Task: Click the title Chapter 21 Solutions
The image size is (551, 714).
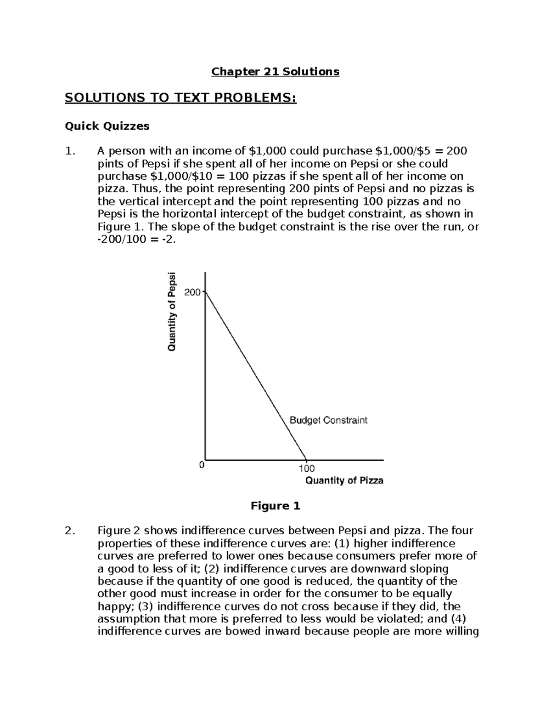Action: pyautogui.click(x=275, y=72)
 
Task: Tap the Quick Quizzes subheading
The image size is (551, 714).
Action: pyautogui.click(x=107, y=126)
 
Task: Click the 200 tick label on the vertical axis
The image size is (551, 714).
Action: pyautogui.click(x=192, y=292)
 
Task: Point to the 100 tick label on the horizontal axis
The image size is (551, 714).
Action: pyautogui.click(x=306, y=468)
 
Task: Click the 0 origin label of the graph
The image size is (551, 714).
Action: pyautogui.click(x=201, y=465)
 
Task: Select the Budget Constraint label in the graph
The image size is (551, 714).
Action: pyautogui.click(x=328, y=420)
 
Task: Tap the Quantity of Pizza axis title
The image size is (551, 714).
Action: pyautogui.click(x=344, y=480)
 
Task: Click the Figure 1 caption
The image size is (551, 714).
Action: pyautogui.click(x=275, y=506)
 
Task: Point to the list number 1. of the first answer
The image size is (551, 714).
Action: pyautogui.click(x=70, y=151)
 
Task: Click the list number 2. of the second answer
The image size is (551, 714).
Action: pyautogui.click(x=70, y=531)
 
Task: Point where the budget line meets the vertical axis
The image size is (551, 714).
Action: pyautogui.click(x=205, y=291)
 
